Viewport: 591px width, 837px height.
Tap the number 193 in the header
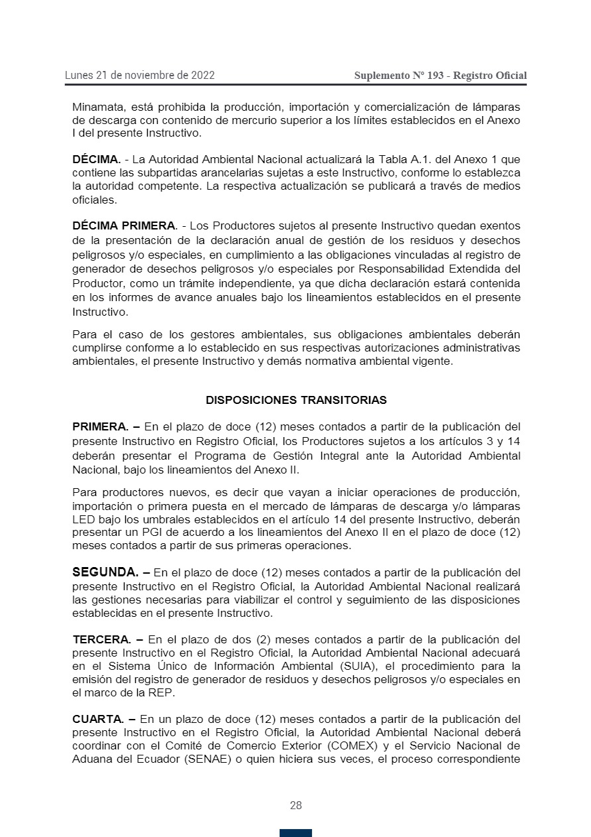[x=435, y=76]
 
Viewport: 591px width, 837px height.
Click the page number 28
[x=295, y=805]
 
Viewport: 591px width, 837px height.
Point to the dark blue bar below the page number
[x=295, y=833]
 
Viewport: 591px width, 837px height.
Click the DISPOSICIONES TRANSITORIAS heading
[x=296, y=400]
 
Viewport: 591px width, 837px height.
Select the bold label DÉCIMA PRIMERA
[x=125, y=226]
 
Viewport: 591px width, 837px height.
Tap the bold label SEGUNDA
[x=105, y=572]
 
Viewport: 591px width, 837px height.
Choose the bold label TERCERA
[x=101, y=639]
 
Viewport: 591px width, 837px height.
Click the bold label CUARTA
[x=98, y=719]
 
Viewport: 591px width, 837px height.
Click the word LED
[x=83, y=519]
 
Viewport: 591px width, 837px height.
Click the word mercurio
[x=272, y=121]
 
